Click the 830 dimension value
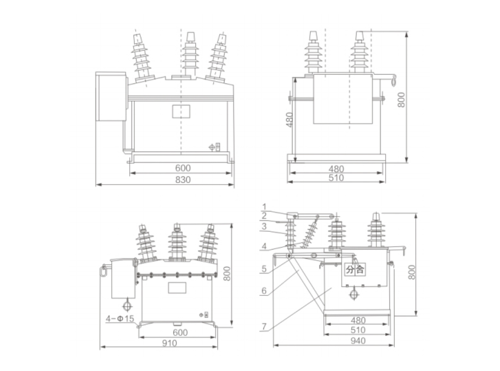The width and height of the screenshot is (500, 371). [182, 179]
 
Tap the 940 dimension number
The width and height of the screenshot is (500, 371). [358, 341]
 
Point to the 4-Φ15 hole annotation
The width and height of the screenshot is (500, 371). [119, 319]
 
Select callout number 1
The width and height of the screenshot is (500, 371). [264, 206]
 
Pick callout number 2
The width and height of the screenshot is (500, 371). [264, 216]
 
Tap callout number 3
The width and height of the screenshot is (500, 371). [264, 226]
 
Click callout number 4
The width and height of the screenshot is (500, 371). [264, 246]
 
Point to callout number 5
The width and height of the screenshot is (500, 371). [264, 269]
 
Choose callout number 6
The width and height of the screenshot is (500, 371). [264, 291]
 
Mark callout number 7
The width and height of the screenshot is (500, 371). [264, 326]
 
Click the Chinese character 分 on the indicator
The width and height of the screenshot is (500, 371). [350, 269]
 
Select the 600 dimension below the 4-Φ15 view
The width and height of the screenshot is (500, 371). [180, 333]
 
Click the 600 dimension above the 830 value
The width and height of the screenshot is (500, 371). [182, 168]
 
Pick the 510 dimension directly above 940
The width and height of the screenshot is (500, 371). [358, 330]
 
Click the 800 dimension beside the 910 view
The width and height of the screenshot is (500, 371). [227, 274]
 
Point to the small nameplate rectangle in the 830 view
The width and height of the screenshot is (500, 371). [181, 111]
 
